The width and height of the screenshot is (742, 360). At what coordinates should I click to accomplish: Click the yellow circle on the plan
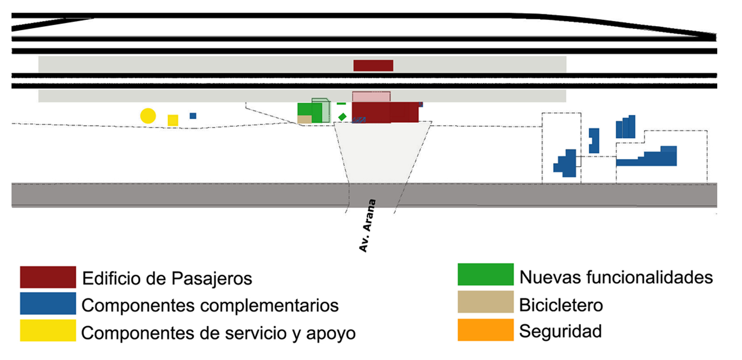tap(148, 116)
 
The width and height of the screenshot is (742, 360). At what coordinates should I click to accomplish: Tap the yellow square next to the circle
tap(173, 120)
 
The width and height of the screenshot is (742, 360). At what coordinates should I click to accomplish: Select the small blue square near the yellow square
tap(193, 116)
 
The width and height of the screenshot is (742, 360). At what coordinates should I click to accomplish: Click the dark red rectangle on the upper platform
tap(373, 66)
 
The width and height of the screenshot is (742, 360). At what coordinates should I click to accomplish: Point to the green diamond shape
tap(342, 117)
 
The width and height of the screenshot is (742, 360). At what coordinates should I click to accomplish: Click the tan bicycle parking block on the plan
tap(305, 119)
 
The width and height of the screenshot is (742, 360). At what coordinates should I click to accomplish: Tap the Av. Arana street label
tap(367, 226)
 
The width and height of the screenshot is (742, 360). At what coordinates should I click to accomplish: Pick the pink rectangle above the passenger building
tap(371, 96)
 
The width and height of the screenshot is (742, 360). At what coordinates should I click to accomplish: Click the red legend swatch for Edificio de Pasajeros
tap(48, 277)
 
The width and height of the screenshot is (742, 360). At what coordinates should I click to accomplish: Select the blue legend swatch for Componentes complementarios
tap(48, 304)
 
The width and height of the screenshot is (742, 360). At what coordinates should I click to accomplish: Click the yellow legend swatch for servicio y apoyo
tap(48, 331)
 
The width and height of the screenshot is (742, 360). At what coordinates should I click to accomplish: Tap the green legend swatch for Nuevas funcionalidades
tap(486, 275)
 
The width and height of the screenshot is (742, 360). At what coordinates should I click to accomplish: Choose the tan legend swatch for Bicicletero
tap(486, 302)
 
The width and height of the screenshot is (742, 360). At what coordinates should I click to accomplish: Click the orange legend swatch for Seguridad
tap(486, 330)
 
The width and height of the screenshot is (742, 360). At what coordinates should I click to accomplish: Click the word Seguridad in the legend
tap(560, 331)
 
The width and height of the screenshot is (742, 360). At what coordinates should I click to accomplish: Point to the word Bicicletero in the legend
tap(561, 305)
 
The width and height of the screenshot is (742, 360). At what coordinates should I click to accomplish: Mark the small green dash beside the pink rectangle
tap(341, 104)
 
